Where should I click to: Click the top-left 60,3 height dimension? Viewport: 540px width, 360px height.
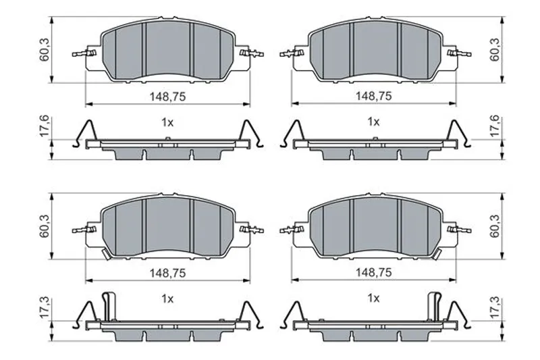(45, 50)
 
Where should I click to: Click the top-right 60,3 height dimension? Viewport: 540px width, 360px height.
(495, 50)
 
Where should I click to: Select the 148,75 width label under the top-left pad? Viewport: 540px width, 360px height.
(167, 97)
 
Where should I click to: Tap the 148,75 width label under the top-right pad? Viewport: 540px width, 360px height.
(374, 96)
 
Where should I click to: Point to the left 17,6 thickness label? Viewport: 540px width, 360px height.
(45, 127)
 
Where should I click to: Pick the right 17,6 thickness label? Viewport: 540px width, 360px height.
(495, 126)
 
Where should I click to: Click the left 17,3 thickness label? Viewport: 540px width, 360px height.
(45, 308)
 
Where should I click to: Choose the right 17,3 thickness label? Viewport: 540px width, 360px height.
(495, 307)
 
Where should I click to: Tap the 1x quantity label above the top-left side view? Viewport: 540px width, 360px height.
(167, 122)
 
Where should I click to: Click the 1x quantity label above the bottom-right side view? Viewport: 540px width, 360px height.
(374, 298)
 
